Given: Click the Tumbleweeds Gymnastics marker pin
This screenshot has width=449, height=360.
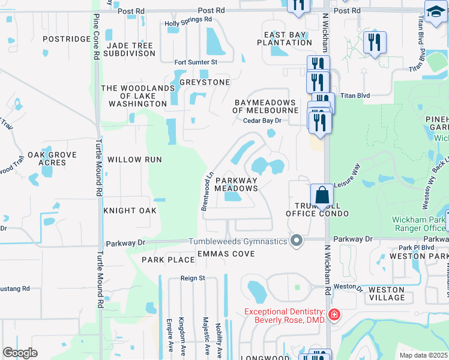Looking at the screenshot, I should pos(296,241).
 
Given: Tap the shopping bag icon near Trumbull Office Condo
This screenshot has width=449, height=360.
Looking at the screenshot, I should pos(322,195).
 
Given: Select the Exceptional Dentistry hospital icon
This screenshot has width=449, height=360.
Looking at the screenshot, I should pos(334,314).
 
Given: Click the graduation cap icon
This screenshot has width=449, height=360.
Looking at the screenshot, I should pos(436,10).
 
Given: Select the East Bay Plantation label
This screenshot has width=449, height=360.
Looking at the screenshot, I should pos(284,38).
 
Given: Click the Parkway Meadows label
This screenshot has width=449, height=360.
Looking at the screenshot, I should pos(237,184).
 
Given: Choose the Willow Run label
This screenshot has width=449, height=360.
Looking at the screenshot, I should pos(134,160).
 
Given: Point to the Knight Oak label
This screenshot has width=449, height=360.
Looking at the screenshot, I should pos(130,211).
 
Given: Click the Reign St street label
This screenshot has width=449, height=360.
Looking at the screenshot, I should pos(193,278).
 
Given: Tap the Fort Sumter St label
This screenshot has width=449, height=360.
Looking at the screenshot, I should pos(195,62).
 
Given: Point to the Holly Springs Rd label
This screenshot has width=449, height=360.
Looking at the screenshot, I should pos(188,19).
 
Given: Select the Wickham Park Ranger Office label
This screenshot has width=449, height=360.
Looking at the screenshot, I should pos(419,224).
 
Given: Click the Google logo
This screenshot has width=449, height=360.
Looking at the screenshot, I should pos(20,353).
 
